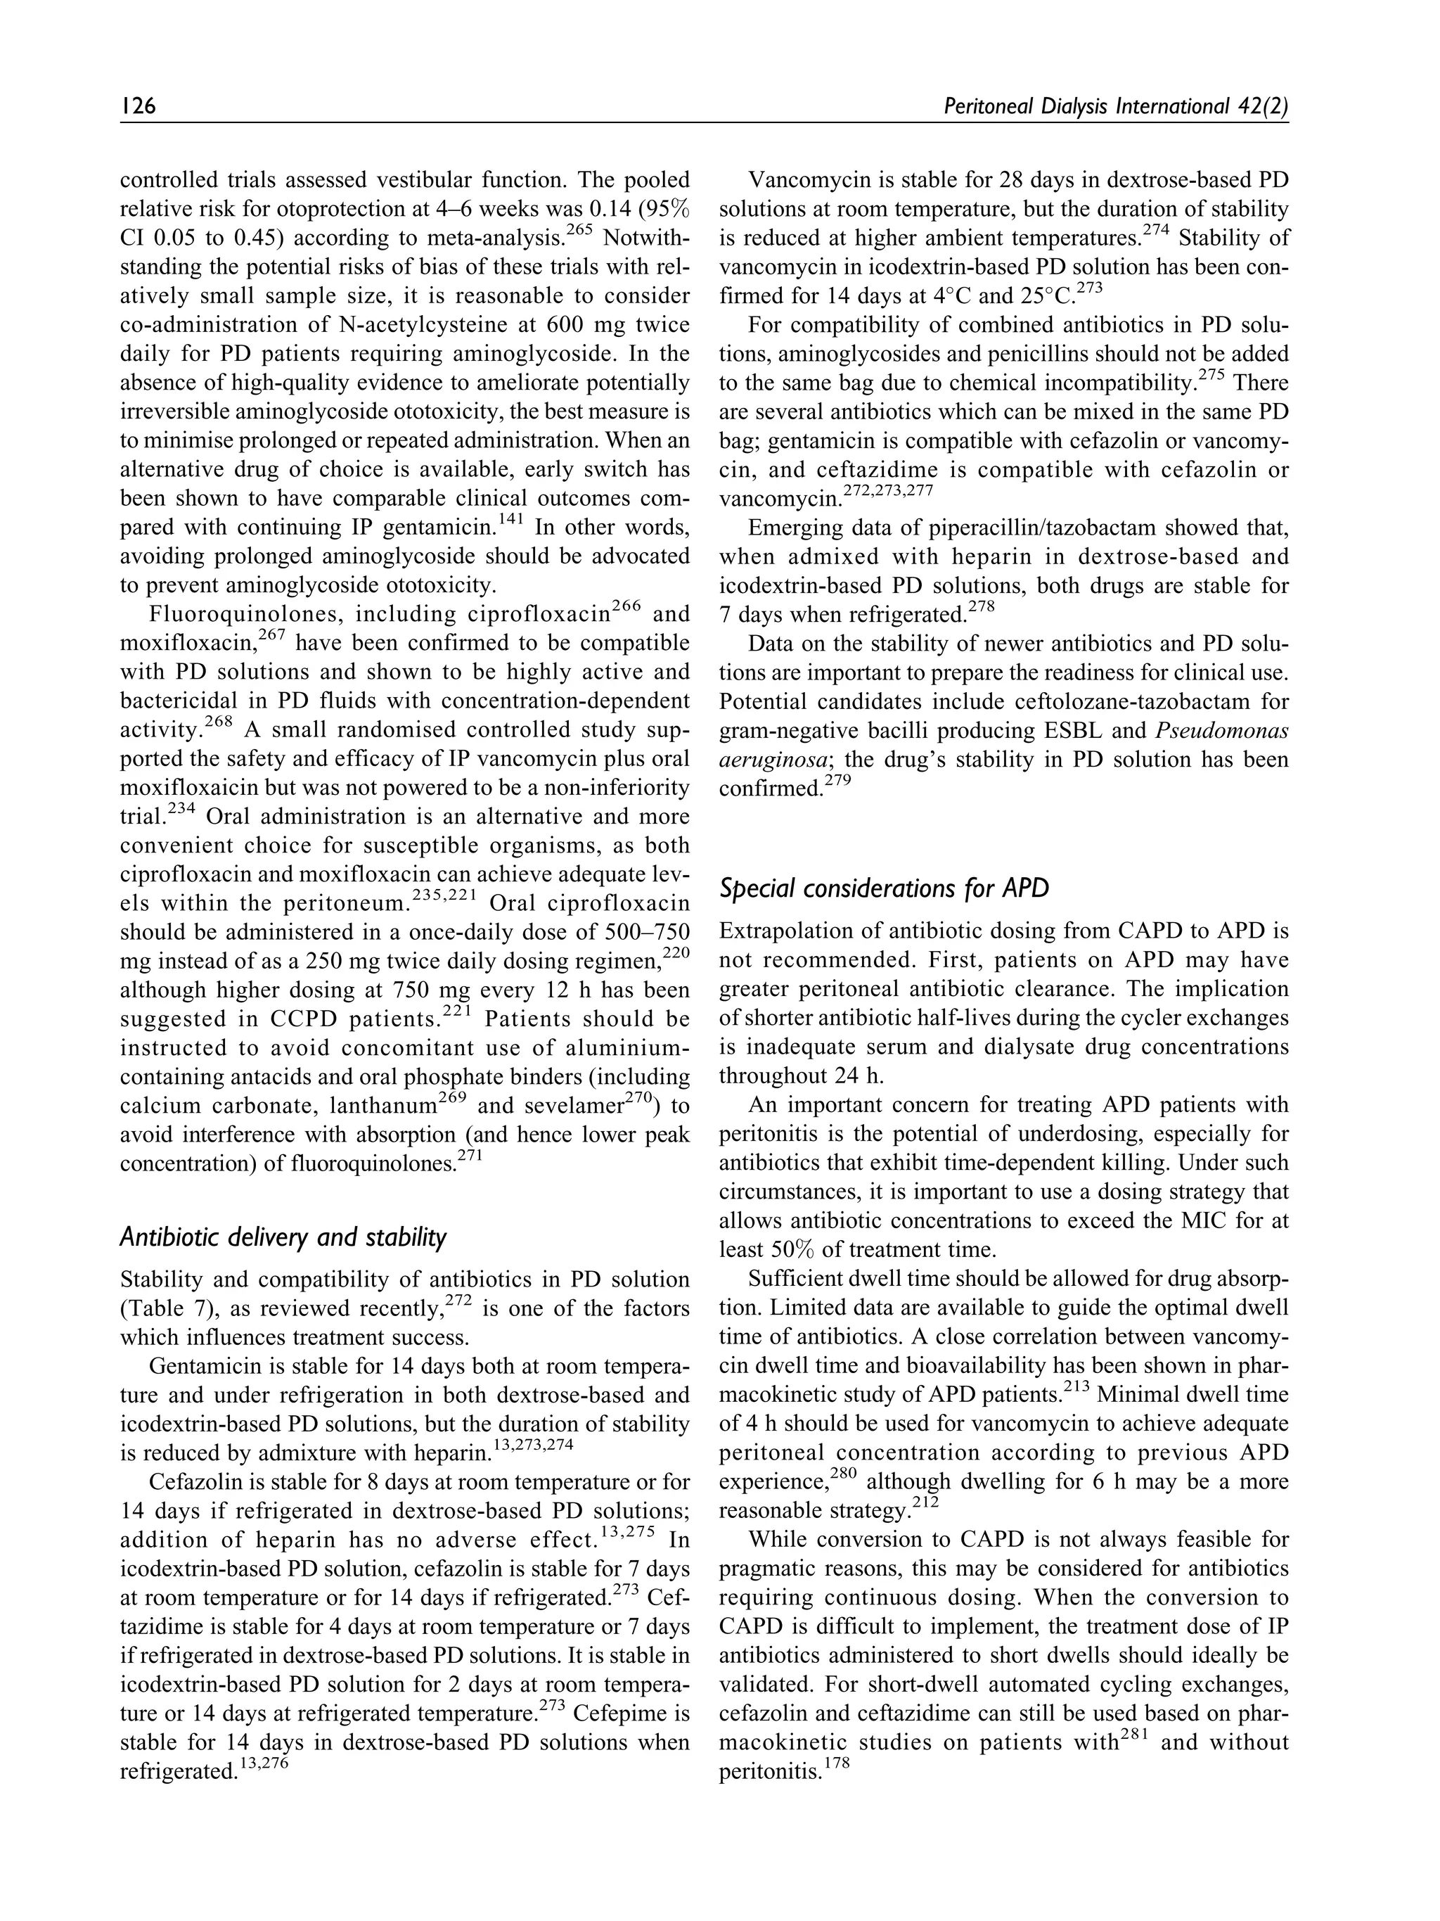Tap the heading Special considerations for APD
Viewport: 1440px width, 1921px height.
[x=884, y=888]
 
